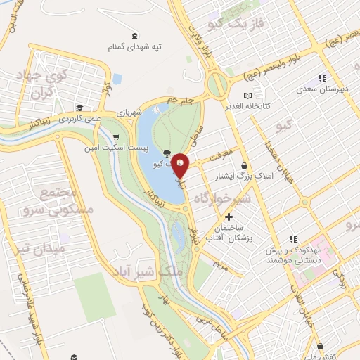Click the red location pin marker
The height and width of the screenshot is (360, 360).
tap(181, 165)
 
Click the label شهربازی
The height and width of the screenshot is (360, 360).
tap(129, 112)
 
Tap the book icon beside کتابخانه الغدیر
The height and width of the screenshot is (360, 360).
tap(247, 96)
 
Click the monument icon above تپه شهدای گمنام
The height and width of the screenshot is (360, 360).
tap(134, 35)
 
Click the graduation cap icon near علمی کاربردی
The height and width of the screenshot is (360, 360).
tap(79, 109)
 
